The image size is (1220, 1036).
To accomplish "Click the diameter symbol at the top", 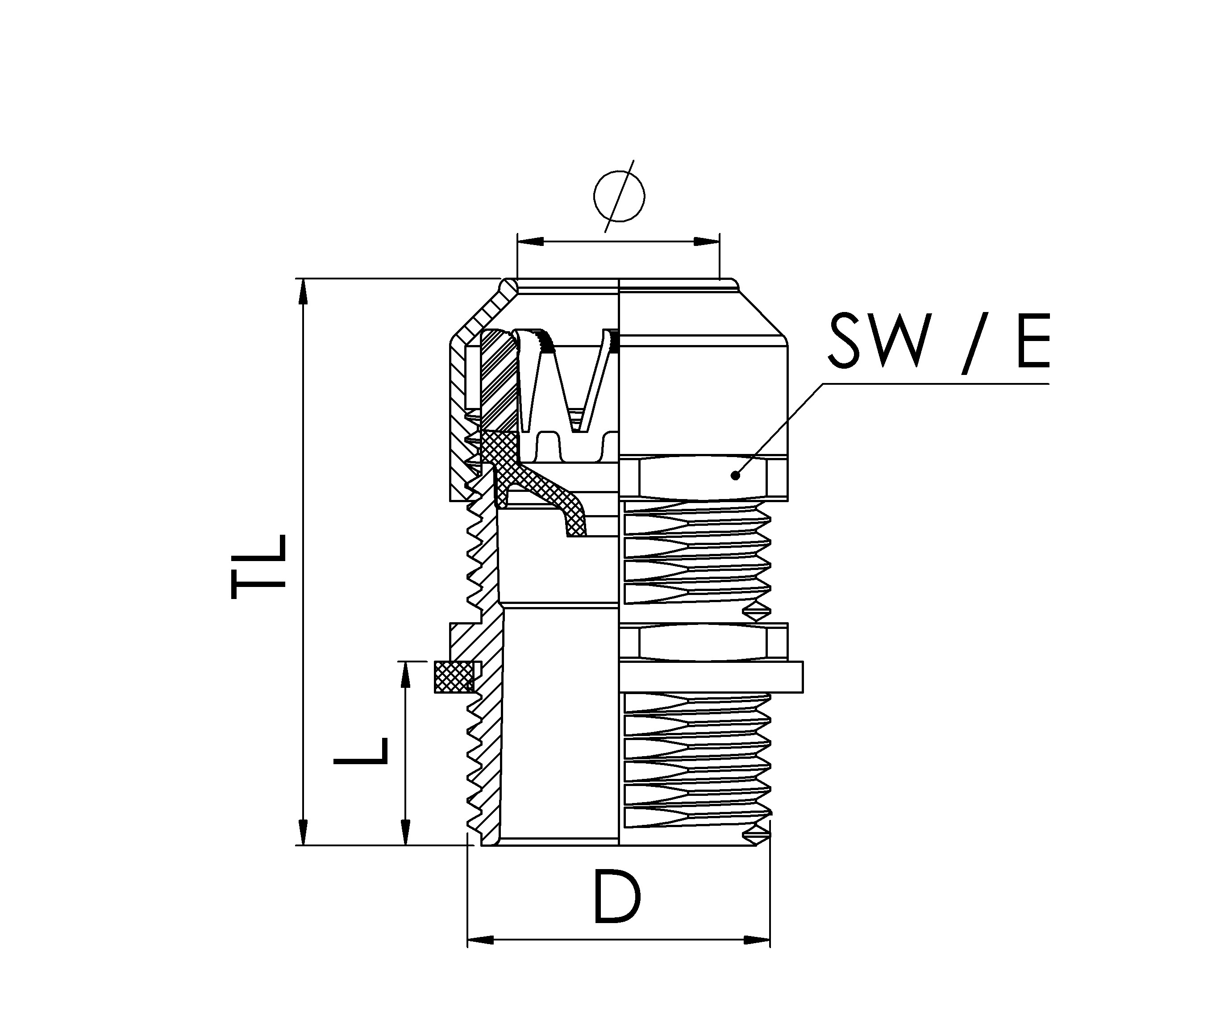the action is click(x=619, y=196).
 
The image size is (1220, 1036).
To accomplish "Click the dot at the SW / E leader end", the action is click(x=735, y=475).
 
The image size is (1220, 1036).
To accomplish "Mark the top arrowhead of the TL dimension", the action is click(x=303, y=291).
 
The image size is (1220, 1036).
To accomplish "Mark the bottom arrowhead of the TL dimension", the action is click(x=303, y=832).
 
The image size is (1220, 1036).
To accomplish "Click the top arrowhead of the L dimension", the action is click(x=405, y=674).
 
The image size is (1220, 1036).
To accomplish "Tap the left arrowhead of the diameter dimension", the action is click(x=530, y=241).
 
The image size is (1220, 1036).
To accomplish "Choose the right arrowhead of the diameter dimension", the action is click(x=707, y=241).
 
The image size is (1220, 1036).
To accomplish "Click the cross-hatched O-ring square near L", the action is click(x=454, y=677).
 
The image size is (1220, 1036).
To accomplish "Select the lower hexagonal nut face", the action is click(x=703, y=642).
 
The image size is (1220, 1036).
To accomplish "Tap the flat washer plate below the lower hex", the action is click(x=711, y=677).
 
